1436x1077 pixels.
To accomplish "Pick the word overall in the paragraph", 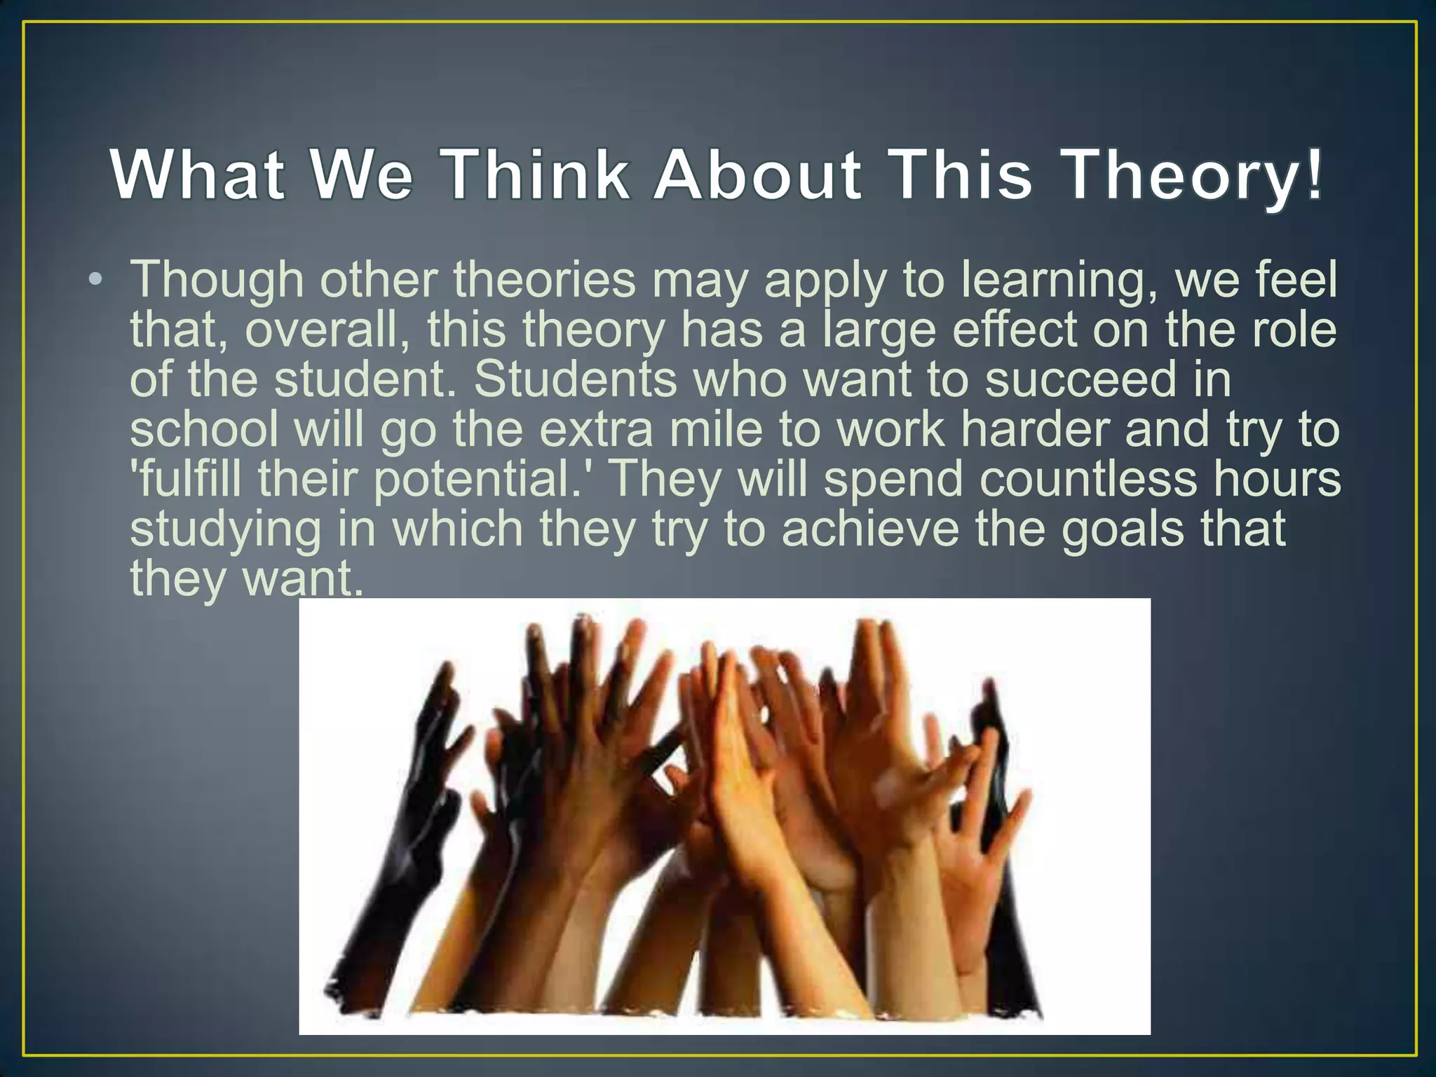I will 327,330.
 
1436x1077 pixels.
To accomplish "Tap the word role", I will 1294,330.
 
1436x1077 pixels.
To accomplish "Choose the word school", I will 204,429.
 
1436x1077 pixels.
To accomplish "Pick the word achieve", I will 870,529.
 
